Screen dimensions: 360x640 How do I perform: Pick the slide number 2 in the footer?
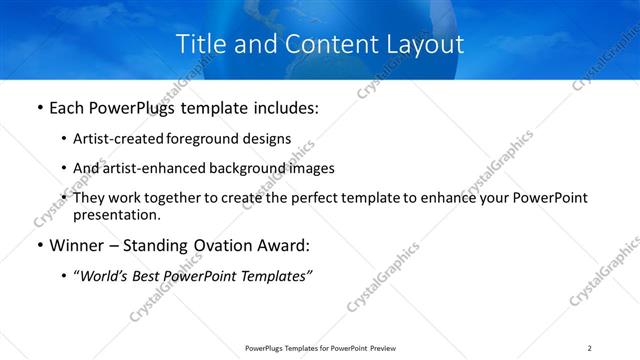click(590, 348)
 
